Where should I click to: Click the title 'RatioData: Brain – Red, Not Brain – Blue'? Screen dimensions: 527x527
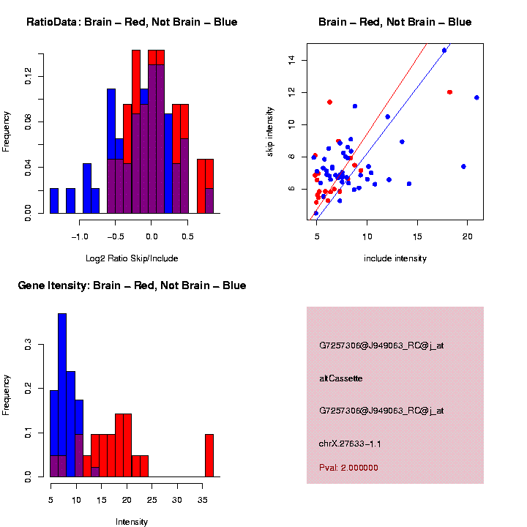point(132,22)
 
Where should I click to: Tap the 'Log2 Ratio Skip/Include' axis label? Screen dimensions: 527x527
point(132,258)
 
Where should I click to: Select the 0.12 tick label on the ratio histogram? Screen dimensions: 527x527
point(28,76)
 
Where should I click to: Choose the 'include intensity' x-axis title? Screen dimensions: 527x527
point(395,258)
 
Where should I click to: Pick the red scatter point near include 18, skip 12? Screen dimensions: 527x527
point(449,92)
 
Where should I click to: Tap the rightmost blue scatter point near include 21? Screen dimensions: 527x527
point(476,97)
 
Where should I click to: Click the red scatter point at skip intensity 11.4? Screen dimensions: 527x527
point(330,102)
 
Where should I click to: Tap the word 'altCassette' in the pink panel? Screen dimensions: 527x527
point(341,378)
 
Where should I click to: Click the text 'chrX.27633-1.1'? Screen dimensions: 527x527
point(350,443)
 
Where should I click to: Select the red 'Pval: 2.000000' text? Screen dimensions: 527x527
point(348,467)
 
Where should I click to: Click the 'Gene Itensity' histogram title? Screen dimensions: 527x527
point(132,285)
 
